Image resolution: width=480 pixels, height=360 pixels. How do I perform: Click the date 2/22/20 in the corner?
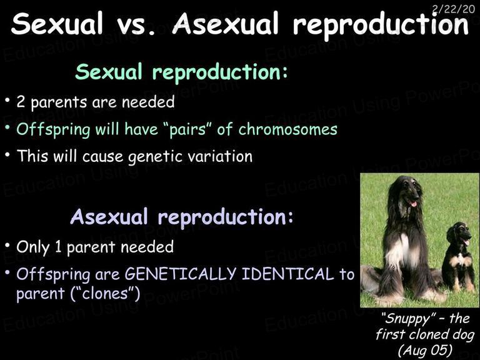coord(453,9)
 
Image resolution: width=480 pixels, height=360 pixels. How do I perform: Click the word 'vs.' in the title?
coord(136,24)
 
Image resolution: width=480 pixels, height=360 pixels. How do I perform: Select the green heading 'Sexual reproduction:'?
coord(181,72)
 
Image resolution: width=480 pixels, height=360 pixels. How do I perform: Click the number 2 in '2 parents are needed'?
coord(21,102)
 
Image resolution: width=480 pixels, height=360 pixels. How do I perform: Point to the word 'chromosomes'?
coord(287,129)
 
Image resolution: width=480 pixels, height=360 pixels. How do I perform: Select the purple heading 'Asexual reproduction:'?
coord(182,217)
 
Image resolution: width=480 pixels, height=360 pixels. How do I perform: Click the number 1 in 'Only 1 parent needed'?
coord(58,247)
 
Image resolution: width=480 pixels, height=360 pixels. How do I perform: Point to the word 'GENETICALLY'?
coord(181,274)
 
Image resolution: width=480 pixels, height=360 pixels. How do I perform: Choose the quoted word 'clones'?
coord(105,293)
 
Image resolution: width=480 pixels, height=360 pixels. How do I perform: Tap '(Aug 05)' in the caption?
coord(426,349)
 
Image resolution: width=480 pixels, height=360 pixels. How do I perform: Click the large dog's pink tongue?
coord(413,203)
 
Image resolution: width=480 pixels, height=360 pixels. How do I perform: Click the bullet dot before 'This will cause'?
coord(7,154)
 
